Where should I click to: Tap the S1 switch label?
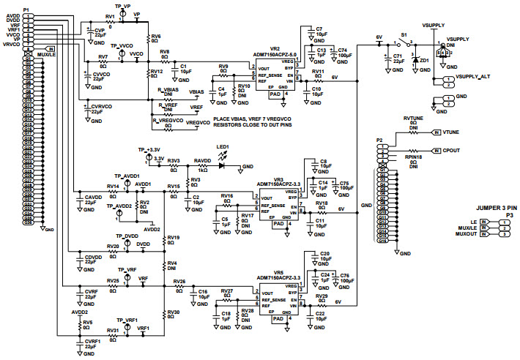tap(403, 34)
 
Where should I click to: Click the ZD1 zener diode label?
tap(423, 61)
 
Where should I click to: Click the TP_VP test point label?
tap(122, 5)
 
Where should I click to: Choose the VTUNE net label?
tap(451, 132)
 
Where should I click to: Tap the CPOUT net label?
tap(452, 149)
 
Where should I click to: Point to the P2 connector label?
tap(379, 139)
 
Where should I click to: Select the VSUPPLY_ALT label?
tap(472, 77)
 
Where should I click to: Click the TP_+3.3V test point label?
tap(149, 149)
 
